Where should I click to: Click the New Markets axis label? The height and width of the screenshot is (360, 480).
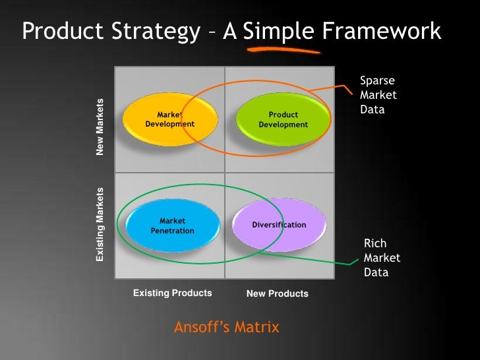100,127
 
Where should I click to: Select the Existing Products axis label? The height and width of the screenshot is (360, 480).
172,293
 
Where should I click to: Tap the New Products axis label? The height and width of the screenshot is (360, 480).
277,293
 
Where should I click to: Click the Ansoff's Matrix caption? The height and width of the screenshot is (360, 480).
227,327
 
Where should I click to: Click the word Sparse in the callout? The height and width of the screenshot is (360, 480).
377,80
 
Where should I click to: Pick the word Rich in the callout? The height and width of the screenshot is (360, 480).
375,244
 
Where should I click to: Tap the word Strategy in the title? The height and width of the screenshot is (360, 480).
157,31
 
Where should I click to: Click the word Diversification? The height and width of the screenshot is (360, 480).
279,225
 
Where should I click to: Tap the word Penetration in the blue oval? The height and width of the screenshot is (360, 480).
172,231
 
